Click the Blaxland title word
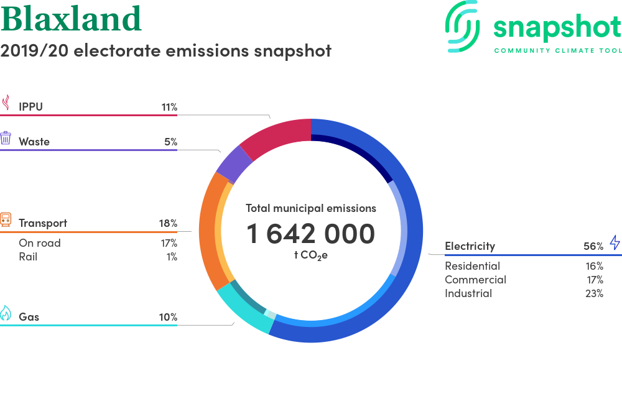pos(71,18)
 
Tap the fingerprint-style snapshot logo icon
pos(462,26)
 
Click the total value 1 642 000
pos(310,234)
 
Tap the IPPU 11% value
pos(169,107)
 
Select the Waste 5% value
pos(171,142)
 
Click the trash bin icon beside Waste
pos(6,138)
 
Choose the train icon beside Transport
pos(6,219)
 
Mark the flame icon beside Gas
pos(6,313)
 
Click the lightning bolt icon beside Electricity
pos(615,242)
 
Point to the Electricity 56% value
pos(593,246)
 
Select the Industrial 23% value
pos(594,293)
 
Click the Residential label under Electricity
pos(472,266)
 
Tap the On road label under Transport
pos(40,243)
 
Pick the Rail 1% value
pos(172,257)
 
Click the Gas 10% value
pos(168,317)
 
